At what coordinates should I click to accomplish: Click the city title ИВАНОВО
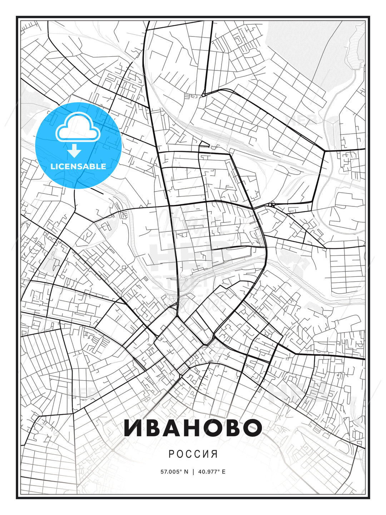point(193,427)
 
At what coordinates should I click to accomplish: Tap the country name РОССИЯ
point(193,454)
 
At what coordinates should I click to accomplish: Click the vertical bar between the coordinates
point(193,471)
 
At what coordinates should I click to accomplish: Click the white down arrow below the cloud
point(75,151)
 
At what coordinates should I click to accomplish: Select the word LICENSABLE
point(78,166)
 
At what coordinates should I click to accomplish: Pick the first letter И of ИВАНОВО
point(133,427)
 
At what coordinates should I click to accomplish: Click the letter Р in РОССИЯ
point(171,454)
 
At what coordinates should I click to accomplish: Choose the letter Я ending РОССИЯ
point(214,454)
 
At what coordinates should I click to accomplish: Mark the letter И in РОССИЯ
point(206,454)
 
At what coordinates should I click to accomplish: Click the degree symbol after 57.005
point(181,470)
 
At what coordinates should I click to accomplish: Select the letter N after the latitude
point(186,471)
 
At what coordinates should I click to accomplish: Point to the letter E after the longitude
point(224,471)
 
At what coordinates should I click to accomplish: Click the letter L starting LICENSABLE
point(53,166)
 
